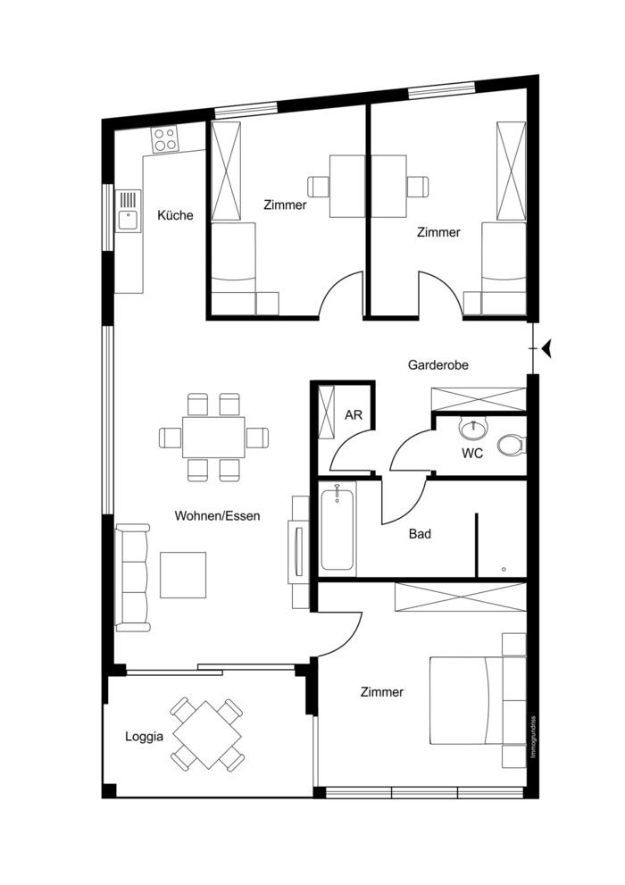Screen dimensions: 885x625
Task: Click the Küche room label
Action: click(x=175, y=215)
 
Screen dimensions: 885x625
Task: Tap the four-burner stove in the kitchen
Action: click(x=165, y=138)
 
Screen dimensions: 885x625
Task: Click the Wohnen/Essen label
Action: click(x=217, y=516)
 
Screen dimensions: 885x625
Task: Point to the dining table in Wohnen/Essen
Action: click(x=213, y=437)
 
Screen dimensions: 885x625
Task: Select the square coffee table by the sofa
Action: click(x=183, y=574)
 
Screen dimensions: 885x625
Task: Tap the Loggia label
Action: click(x=144, y=737)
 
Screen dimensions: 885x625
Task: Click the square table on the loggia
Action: click(x=207, y=736)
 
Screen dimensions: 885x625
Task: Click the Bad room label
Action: click(x=420, y=534)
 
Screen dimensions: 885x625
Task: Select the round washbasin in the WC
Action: click(x=472, y=430)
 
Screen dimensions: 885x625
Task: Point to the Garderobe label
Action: click(x=438, y=365)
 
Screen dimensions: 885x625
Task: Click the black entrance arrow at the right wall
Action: click(x=547, y=348)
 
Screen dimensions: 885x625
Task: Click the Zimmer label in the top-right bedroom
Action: click(x=438, y=232)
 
